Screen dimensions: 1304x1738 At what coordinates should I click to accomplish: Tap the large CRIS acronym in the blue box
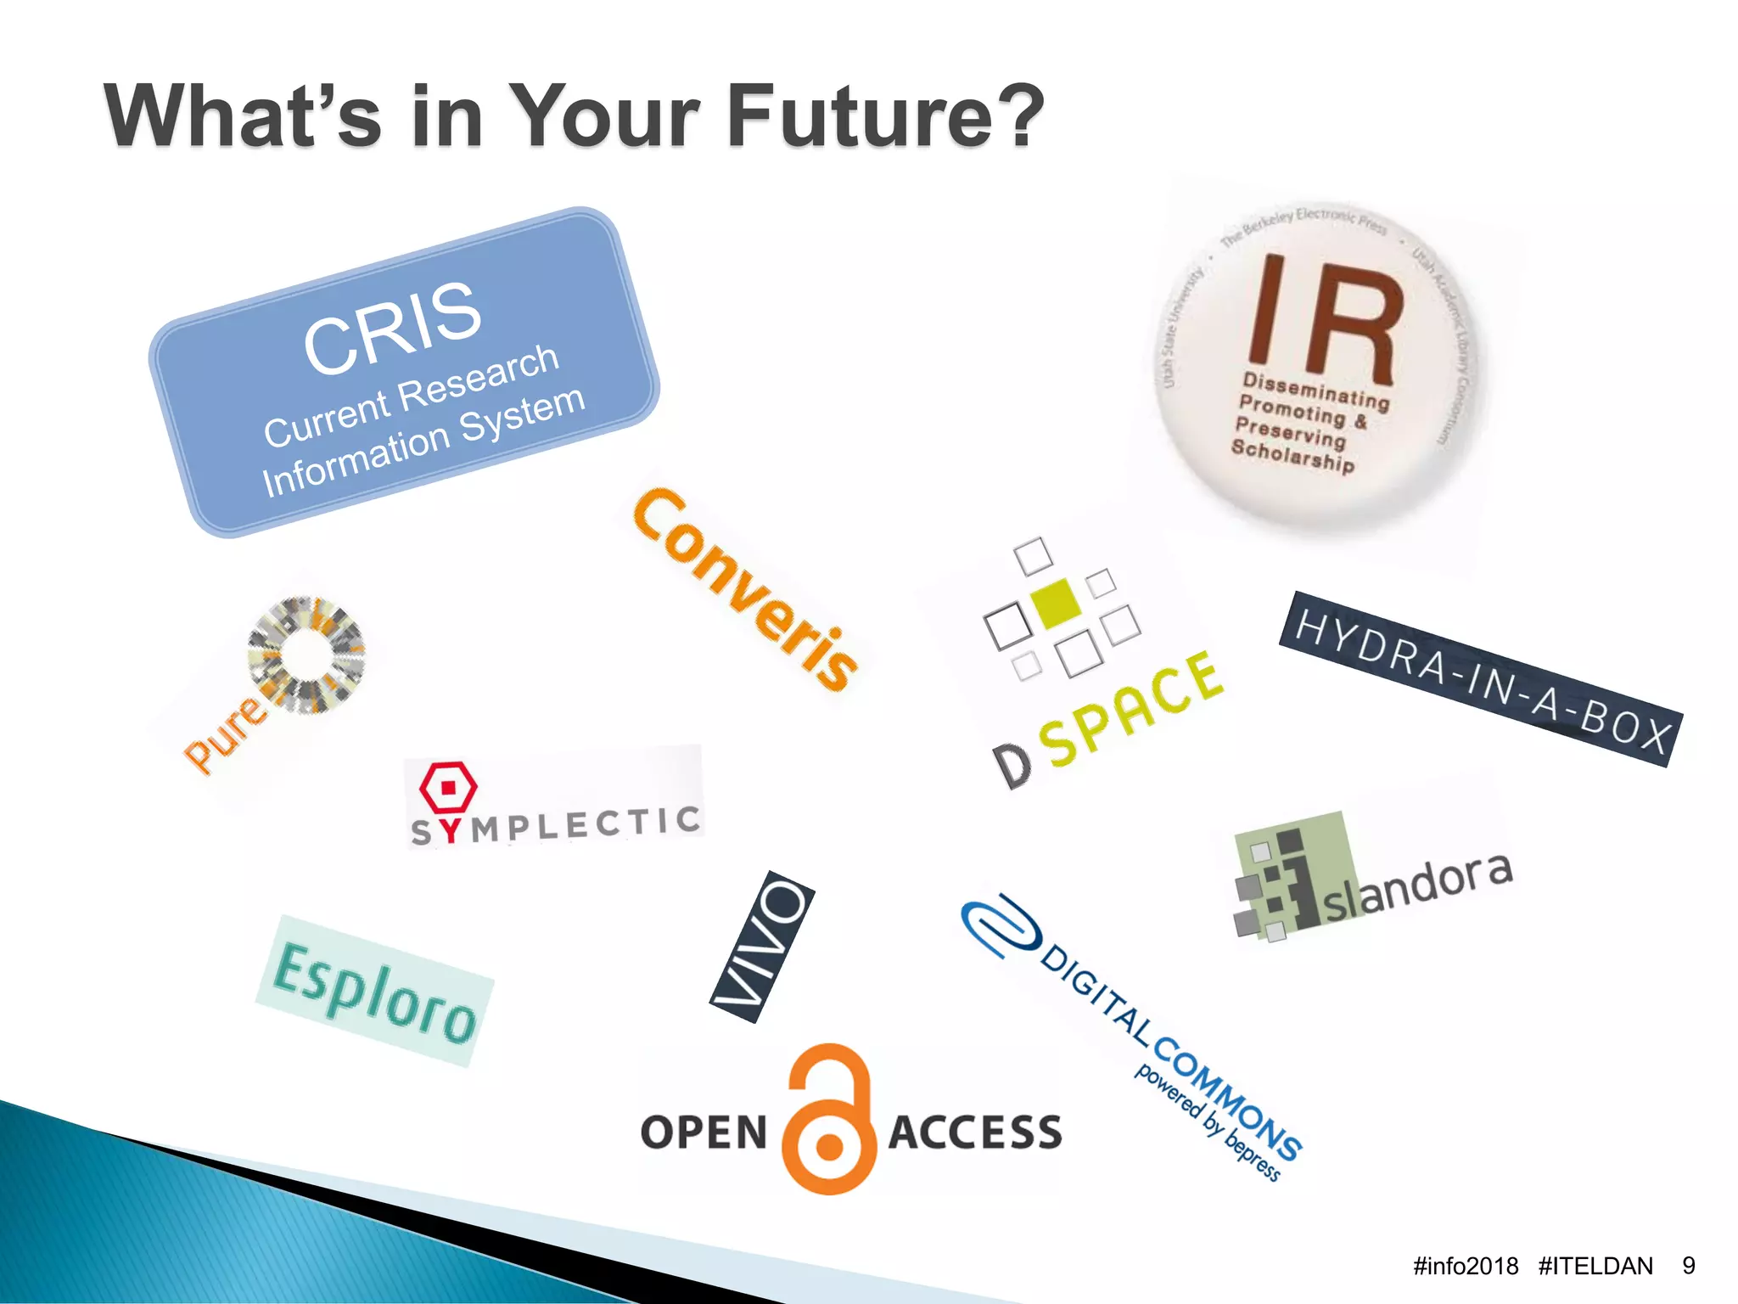tap(392, 327)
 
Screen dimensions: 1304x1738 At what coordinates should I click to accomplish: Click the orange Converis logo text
tap(745, 589)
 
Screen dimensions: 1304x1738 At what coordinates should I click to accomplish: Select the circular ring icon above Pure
tap(306, 655)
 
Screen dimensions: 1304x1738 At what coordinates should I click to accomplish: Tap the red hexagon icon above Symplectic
tap(448, 788)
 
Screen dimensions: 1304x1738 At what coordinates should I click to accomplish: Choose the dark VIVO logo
tap(762, 946)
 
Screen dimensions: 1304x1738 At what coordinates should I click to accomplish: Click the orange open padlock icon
tap(829, 1121)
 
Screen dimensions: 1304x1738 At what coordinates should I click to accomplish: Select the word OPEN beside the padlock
tap(704, 1133)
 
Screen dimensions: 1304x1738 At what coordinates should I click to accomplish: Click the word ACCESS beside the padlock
tap(975, 1133)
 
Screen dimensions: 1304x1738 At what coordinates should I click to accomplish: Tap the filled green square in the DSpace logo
tap(1056, 604)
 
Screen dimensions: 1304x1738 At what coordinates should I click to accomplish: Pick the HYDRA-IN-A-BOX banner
tap(1481, 679)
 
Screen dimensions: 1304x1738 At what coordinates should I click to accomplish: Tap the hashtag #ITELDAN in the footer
tap(1595, 1266)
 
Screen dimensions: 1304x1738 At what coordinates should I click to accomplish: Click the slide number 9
tap(1689, 1266)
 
